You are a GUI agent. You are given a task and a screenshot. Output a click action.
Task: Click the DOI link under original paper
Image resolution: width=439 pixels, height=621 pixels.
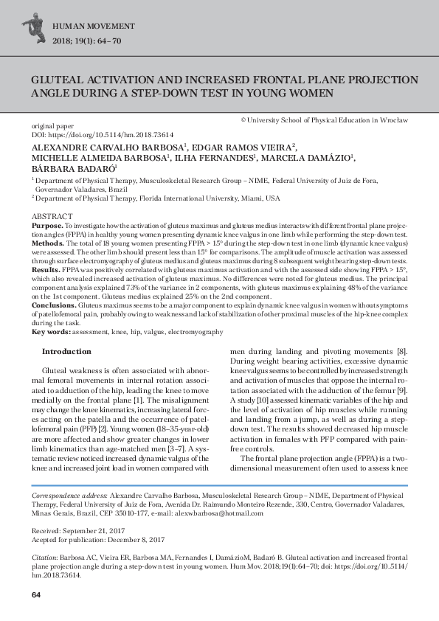(103, 135)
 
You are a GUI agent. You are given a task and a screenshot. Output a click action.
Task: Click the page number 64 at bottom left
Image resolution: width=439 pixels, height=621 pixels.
(35, 595)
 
